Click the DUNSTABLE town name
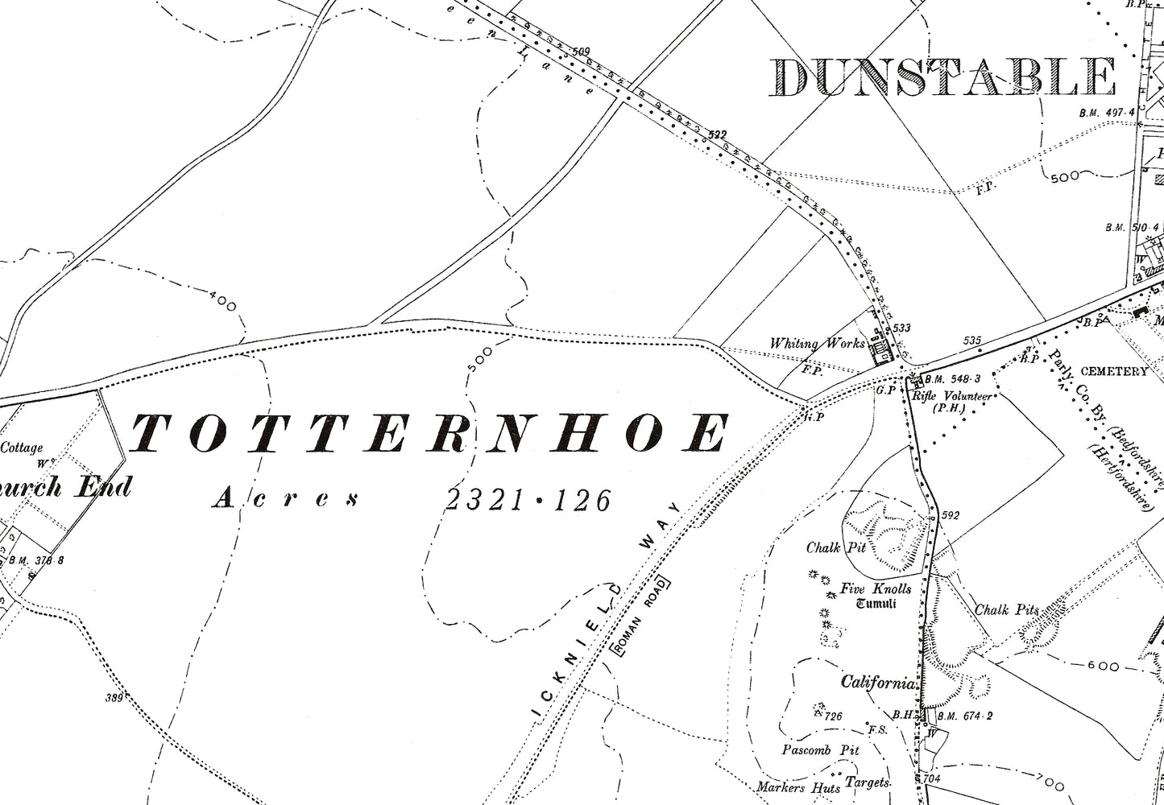point(942,78)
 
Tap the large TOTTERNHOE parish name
point(429,434)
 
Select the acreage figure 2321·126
point(528,501)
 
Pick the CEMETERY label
point(1113,371)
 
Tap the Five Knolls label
point(876,588)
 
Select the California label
point(878,683)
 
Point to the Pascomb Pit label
point(820,749)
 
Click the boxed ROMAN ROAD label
point(641,616)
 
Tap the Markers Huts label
point(797,786)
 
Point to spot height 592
point(950,515)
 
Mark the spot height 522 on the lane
point(717,134)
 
